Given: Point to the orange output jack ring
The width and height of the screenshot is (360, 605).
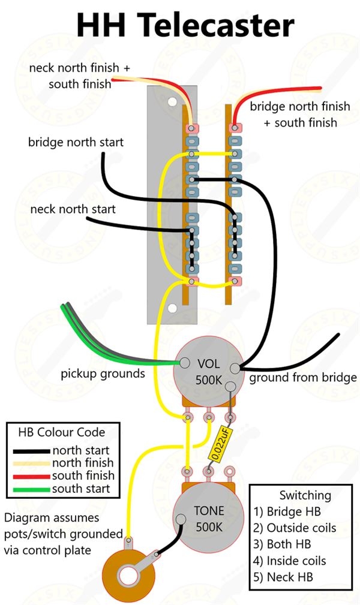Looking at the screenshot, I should (127, 576).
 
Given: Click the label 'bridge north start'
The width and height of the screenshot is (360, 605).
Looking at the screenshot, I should (76, 143).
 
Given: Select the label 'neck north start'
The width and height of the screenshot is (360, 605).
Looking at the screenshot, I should (73, 210).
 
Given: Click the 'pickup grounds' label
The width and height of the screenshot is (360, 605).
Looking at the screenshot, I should (103, 374).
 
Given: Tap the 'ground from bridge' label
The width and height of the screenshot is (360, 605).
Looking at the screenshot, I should (303, 378).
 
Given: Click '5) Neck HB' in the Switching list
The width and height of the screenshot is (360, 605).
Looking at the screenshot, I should (283, 577).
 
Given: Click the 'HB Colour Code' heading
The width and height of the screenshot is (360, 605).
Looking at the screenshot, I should (62, 432).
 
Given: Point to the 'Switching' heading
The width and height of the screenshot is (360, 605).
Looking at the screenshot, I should (305, 495).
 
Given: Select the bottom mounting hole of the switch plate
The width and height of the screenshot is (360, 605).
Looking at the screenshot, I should (172, 308).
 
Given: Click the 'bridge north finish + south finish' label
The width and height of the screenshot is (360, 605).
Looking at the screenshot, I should (299, 114).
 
